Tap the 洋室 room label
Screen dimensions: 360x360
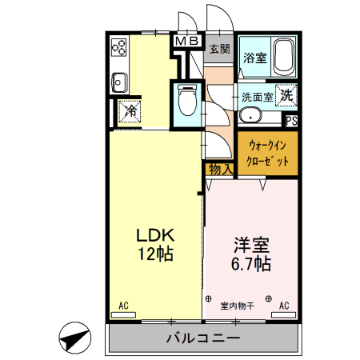click(x=251, y=252)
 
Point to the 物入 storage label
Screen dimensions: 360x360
click(x=220, y=169)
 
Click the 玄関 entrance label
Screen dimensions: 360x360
click(x=219, y=48)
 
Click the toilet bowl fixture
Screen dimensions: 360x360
click(x=187, y=100)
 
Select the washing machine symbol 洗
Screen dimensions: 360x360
click(x=286, y=94)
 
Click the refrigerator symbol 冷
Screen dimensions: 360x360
click(x=129, y=111)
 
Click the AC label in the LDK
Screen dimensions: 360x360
click(x=124, y=306)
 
